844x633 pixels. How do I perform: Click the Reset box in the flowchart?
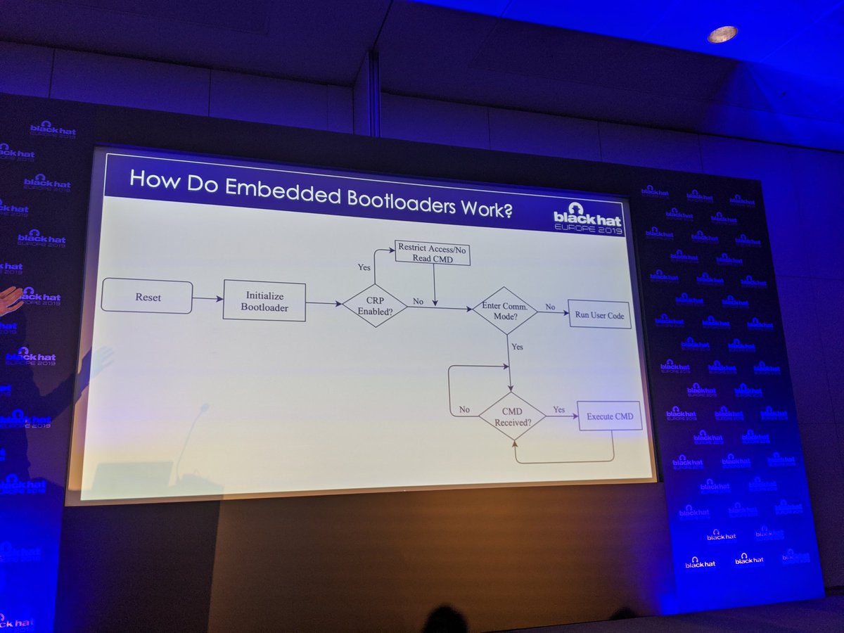point(147,297)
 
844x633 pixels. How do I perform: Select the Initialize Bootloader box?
point(264,302)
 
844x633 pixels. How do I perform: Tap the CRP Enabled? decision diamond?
point(374,305)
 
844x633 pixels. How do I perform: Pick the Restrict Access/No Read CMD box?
point(432,252)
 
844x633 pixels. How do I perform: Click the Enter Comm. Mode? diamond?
point(504,310)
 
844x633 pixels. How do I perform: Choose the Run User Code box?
point(599,315)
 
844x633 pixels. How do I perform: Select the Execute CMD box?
point(610,416)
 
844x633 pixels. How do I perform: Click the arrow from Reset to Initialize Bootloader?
point(207,299)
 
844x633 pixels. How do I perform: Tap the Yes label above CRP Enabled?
point(364,267)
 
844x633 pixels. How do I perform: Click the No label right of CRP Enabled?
point(418,301)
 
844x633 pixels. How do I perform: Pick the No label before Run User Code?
point(550,307)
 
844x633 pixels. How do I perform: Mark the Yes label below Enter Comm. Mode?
point(517,347)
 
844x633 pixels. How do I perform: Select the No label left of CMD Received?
point(464,409)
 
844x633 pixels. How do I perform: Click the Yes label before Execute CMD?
point(559,409)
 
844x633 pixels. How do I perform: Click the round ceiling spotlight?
point(722,34)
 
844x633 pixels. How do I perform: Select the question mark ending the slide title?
point(505,209)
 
